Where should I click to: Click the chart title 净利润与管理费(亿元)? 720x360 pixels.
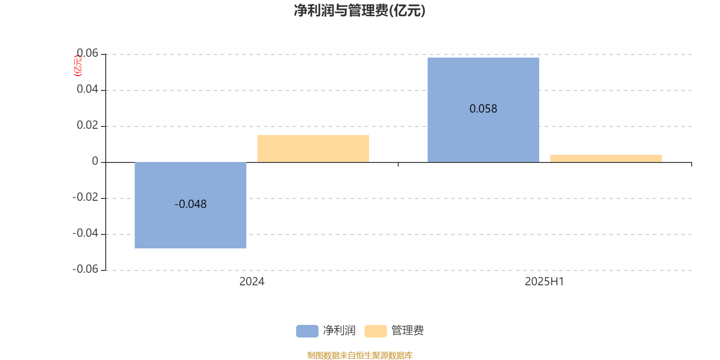point(360,11)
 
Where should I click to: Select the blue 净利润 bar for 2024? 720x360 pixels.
point(191,205)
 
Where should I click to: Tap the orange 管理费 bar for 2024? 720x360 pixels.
point(313,148)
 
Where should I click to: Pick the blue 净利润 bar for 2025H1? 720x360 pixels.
point(483,110)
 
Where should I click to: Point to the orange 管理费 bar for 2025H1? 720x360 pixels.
point(606,158)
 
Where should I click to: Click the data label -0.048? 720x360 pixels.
point(191,204)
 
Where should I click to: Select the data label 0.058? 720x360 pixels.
point(483,108)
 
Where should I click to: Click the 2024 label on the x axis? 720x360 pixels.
point(252,282)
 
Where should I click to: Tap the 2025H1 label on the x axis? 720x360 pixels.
point(544,282)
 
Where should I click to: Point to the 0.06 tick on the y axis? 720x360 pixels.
point(87,53)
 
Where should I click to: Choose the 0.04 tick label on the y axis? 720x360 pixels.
point(87,89)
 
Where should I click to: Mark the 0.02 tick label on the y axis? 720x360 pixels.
point(87,125)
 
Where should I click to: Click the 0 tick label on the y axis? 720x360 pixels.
point(95,161)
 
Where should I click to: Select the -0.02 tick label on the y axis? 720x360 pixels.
point(85,197)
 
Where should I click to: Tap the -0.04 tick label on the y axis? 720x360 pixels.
point(85,233)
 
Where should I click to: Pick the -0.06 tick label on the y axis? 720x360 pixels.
point(85,269)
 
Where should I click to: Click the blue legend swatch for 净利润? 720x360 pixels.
point(307,331)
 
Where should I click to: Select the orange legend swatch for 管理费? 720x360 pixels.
point(375,331)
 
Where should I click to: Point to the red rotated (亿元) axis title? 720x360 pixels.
point(78,66)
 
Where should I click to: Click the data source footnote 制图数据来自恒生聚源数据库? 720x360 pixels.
point(360,355)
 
